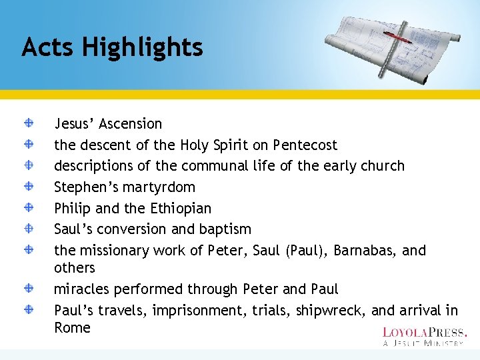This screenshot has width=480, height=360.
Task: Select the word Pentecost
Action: click(x=305, y=145)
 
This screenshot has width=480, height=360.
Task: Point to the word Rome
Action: click(x=72, y=328)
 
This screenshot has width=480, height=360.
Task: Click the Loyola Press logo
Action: click(x=425, y=336)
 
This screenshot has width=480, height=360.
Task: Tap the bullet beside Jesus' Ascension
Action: click(x=30, y=123)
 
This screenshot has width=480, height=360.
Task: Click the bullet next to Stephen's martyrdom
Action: click(x=30, y=187)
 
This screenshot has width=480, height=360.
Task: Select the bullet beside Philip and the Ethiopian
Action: click(x=30, y=207)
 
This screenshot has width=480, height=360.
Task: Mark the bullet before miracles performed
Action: click(x=30, y=289)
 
